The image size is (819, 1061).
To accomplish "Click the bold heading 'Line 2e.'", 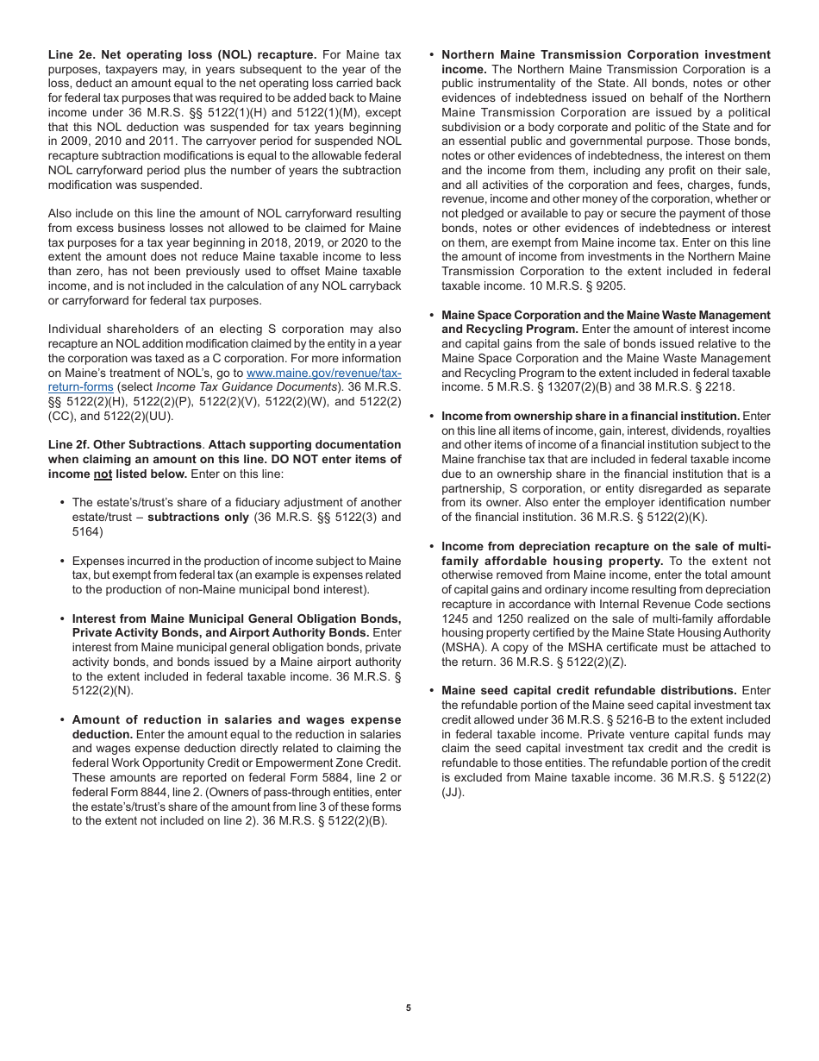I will (x=72, y=55).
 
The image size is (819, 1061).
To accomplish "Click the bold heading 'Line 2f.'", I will (x=72, y=444).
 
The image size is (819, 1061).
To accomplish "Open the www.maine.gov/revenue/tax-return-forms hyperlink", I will (x=324, y=373).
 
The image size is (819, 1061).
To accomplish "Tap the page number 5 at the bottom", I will (x=409, y=1007).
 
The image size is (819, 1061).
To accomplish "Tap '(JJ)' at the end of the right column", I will (x=453, y=792).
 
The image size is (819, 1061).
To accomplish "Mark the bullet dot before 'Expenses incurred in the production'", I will (x=63, y=561).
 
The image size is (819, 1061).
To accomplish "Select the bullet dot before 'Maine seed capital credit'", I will (x=432, y=691).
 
